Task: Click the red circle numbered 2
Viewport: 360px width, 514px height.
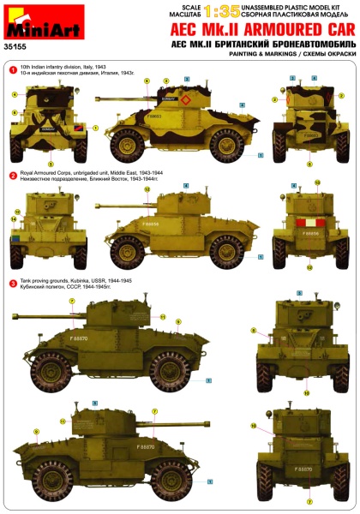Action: [x=13, y=175]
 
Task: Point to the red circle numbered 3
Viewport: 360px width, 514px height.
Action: [x=13, y=283]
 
